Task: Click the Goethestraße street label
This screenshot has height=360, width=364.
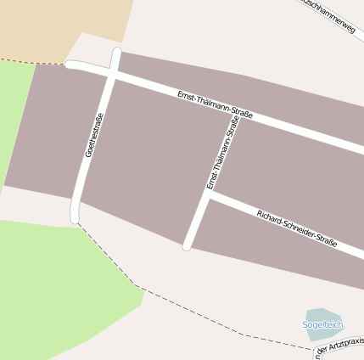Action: (x=93, y=135)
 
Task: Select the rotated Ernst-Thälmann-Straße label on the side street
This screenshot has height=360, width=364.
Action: (x=222, y=154)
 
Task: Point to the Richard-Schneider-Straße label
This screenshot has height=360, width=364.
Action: (x=296, y=228)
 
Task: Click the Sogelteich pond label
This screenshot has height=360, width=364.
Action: (x=323, y=325)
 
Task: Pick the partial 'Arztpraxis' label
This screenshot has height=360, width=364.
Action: (x=341, y=345)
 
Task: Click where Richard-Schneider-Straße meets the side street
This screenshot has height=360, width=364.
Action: (x=208, y=194)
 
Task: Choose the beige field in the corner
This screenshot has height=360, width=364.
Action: (x=59, y=25)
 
